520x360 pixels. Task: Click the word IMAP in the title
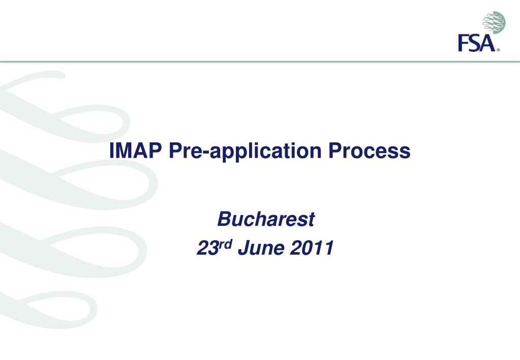[x=135, y=151]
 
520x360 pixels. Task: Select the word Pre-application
[x=245, y=152]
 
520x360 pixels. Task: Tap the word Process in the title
[x=370, y=151]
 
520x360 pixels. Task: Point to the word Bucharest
[x=266, y=219]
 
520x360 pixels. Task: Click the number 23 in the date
[x=207, y=248]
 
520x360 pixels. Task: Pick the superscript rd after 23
[x=225, y=244]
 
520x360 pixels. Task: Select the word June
[x=261, y=248]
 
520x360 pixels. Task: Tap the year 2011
[x=312, y=248]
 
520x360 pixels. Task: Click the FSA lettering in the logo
[x=477, y=43]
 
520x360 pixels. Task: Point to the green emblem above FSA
[x=494, y=22]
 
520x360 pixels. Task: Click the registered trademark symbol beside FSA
[x=498, y=50]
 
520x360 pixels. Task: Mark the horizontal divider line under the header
[x=260, y=62]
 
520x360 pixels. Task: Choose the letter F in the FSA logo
[x=463, y=43]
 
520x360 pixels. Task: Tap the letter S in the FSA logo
[x=474, y=43]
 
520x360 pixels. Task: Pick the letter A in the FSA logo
[x=487, y=43]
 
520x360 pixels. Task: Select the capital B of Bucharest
[x=225, y=219]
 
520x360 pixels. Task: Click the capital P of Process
[x=335, y=151]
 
